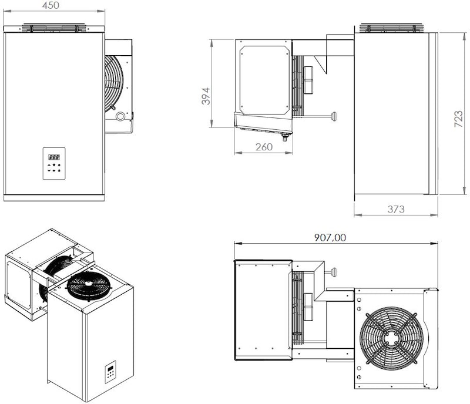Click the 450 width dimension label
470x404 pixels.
(51, 5)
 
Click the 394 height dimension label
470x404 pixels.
(206, 96)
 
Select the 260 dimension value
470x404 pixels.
(264, 147)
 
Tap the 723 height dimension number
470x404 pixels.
(459, 119)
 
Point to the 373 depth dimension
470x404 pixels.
(395, 209)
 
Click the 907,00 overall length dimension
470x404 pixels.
(330, 237)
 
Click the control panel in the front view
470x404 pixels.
(54, 164)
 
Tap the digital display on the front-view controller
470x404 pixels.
(54, 157)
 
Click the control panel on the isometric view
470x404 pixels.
(110, 372)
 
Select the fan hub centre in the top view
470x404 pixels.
(391, 338)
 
